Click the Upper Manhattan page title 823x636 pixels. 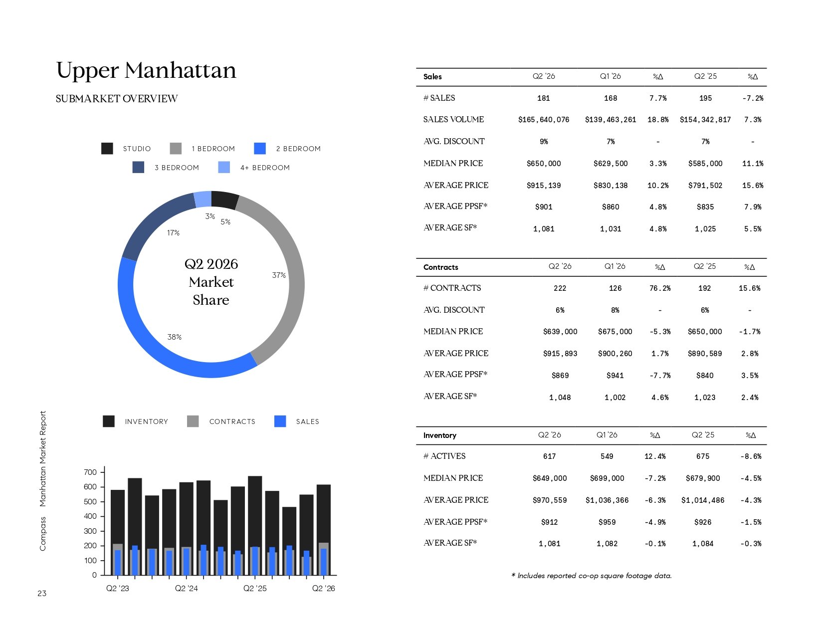(146, 70)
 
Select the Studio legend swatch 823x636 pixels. (107, 149)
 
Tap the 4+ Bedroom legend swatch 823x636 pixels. (224, 168)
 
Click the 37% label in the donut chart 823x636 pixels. (279, 275)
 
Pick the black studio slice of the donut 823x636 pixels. (225, 200)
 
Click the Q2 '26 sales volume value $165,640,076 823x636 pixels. (544, 120)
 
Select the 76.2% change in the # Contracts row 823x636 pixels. (660, 288)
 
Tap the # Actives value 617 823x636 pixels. (549, 456)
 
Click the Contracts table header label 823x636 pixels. (440, 267)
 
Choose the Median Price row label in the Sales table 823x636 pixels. (453, 163)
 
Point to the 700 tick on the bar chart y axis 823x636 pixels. (90, 472)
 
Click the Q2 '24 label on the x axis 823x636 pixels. (186, 588)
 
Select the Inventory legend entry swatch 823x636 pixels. (109, 421)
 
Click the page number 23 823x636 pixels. (42, 594)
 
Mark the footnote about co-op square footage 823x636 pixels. (591, 576)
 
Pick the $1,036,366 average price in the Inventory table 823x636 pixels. (607, 500)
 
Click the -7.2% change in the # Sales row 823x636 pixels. (753, 98)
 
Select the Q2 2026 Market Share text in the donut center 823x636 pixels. (211, 282)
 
